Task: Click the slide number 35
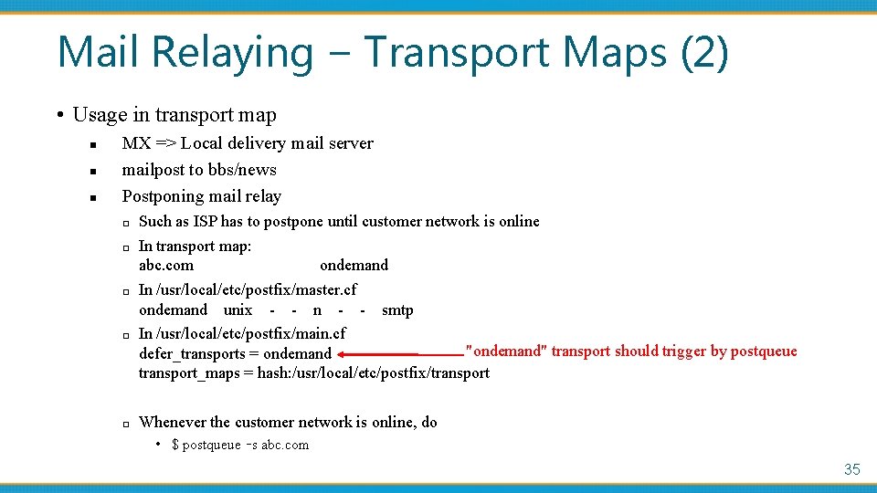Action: pyautogui.click(x=851, y=469)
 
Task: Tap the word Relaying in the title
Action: pyautogui.click(x=233, y=52)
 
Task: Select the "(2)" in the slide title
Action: pyautogui.click(x=704, y=52)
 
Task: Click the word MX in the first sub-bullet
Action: pyautogui.click(x=136, y=143)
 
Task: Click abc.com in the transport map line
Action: pyautogui.click(x=166, y=266)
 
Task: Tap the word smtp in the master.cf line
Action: pyautogui.click(x=397, y=310)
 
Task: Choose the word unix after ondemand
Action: pyautogui.click(x=238, y=310)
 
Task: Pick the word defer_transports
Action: pyautogui.click(x=192, y=354)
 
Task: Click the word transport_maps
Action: pyautogui.click(x=189, y=373)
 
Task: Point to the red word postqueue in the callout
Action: pyautogui.click(x=764, y=351)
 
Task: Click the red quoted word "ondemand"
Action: pyautogui.click(x=506, y=351)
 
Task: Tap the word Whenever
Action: pyautogui.click(x=173, y=423)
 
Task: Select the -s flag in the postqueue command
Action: pyautogui.click(x=252, y=446)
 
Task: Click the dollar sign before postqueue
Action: pyautogui.click(x=174, y=446)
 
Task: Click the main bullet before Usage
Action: pyautogui.click(x=59, y=116)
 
